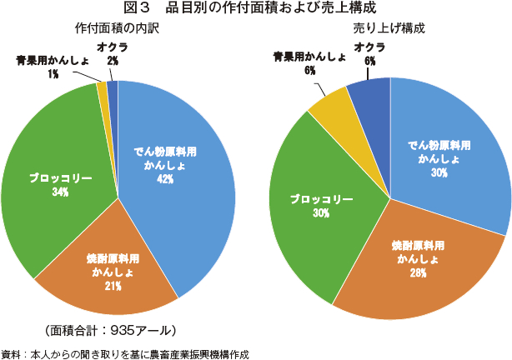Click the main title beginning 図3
[x=255, y=9]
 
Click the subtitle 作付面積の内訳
[x=116, y=29]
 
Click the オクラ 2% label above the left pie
[x=112, y=54]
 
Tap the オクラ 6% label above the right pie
[x=369, y=54]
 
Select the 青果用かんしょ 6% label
[x=310, y=63]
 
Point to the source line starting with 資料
[x=125, y=352]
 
